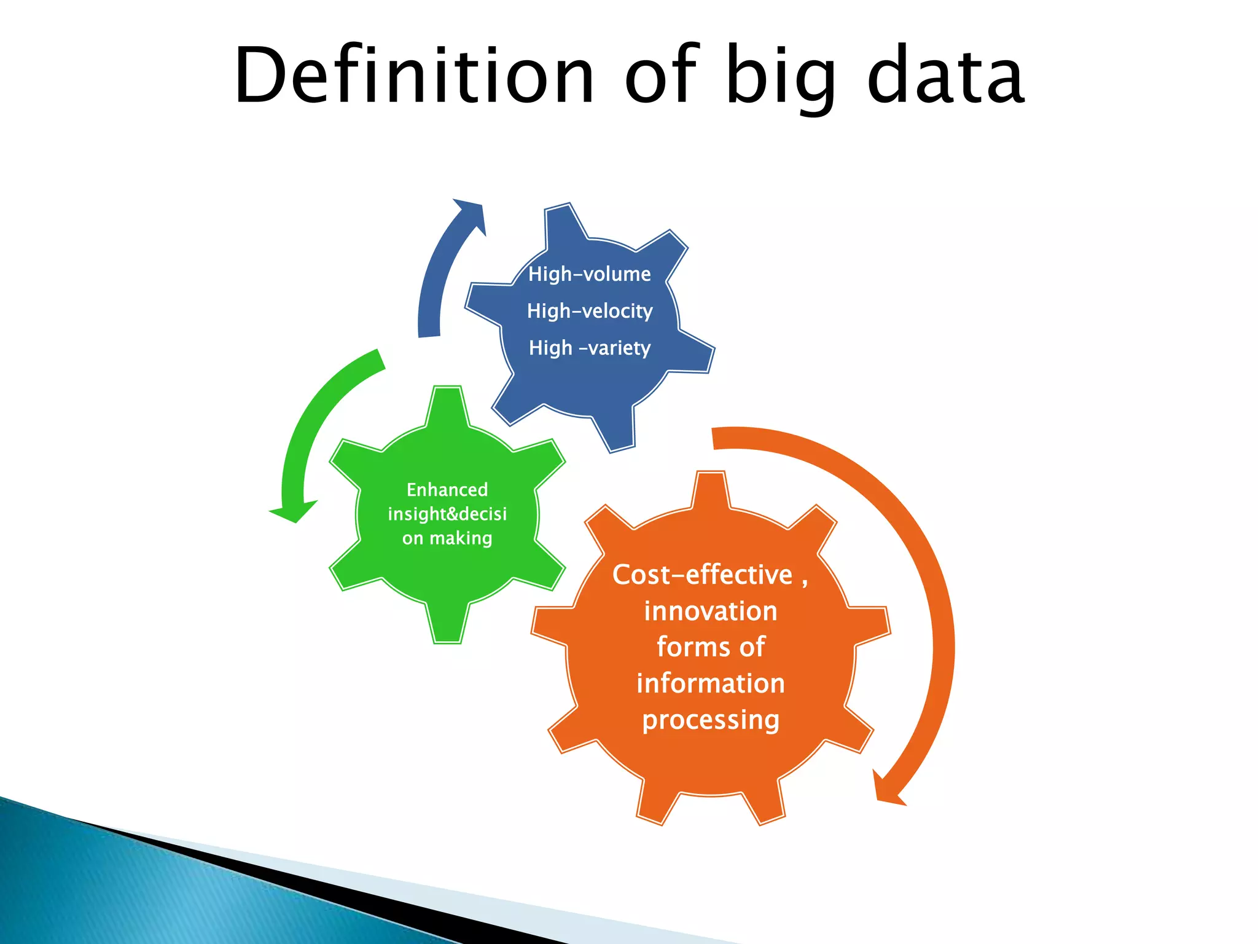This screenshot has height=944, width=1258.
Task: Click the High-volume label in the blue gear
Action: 589,274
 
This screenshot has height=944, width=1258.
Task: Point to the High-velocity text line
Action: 589,311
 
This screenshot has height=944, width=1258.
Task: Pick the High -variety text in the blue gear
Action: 589,348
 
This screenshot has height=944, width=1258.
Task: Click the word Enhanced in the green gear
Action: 447,490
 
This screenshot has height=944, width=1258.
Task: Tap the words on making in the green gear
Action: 447,538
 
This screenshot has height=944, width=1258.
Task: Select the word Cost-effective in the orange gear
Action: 702,575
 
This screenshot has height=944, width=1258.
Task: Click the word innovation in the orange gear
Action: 711,612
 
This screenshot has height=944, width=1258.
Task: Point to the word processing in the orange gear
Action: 711,720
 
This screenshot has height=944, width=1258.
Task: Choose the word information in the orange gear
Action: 711,683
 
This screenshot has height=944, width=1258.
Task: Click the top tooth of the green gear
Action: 447,406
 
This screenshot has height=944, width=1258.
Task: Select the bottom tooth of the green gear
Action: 447,624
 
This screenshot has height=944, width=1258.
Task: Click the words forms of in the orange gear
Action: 711,647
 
